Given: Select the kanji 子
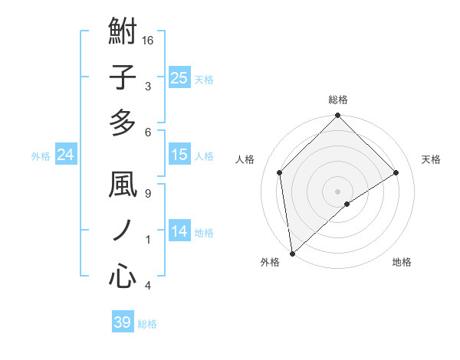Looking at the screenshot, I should (x=123, y=77).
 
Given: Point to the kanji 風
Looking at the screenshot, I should (x=123, y=185).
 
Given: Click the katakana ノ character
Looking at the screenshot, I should (x=123, y=230).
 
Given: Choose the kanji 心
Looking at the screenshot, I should (x=123, y=275).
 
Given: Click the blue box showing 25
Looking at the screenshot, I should (x=179, y=78).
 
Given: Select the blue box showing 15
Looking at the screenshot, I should (x=179, y=155).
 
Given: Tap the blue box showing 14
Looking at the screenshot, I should (x=179, y=231).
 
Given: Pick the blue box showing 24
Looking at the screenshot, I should (x=66, y=155).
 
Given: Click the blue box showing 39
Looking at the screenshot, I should (x=122, y=322).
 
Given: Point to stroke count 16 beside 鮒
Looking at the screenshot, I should (x=149, y=40).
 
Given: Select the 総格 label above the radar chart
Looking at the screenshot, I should (x=338, y=100).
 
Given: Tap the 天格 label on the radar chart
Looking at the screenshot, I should (x=432, y=159).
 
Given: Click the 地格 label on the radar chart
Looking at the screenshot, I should (x=402, y=262).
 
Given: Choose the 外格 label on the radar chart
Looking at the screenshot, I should (x=270, y=262).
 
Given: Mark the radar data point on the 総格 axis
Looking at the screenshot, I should (x=337, y=116).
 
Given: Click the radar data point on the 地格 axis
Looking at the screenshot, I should (x=347, y=204).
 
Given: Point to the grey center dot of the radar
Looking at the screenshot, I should (x=337, y=191).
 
